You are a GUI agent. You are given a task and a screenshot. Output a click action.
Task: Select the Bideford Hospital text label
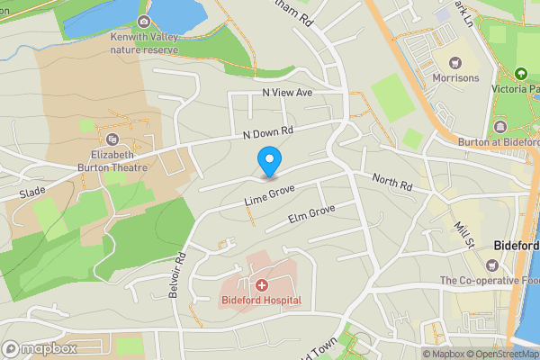pyautogui.click(x=261, y=300)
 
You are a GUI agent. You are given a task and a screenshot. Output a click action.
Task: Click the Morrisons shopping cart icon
pyautogui.click(x=455, y=63)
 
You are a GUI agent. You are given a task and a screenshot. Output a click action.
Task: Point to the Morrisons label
pyautogui.click(x=455, y=78)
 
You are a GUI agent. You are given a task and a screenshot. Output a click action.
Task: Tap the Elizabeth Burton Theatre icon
pyautogui.click(x=112, y=139)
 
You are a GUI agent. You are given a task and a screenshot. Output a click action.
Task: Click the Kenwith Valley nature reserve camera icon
pyautogui.click(x=144, y=22)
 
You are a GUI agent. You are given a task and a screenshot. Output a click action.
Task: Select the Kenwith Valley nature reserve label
pyautogui.click(x=144, y=42)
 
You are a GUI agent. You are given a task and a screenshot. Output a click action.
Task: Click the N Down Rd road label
pyautogui.click(x=268, y=132)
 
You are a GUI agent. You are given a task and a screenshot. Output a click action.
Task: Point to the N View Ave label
pyautogui.click(x=286, y=93)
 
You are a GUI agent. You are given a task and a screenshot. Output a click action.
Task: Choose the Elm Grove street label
pyautogui.click(x=310, y=213)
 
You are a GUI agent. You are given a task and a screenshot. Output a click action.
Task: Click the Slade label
pyautogui.click(x=31, y=193)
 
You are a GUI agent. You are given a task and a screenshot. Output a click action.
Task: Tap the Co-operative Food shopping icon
pyautogui.click(x=492, y=265)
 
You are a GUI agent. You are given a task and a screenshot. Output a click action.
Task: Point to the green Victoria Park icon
pyautogui.click(x=519, y=74)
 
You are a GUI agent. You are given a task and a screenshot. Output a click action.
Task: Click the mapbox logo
pyautogui.click(x=40, y=348)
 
